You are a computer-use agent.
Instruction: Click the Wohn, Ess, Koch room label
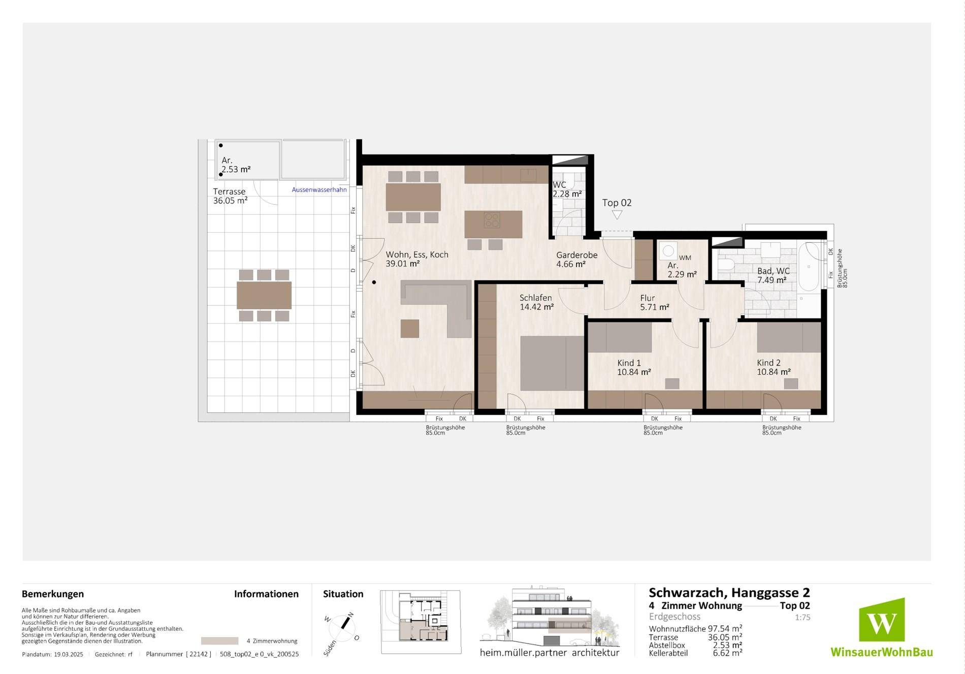click(417, 259)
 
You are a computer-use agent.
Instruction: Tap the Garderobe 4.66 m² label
click(576, 260)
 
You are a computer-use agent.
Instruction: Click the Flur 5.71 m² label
click(654, 303)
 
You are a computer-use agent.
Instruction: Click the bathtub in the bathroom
click(809, 267)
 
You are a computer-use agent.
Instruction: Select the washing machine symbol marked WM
click(668, 250)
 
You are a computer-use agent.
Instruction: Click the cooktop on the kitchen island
click(492, 220)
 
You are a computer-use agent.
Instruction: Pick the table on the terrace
click(264, 296)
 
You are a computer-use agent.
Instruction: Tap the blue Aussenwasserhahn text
click(319, 190)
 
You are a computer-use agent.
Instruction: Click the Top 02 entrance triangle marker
click(617, 215)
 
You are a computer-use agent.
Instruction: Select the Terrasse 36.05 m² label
click(230, 196)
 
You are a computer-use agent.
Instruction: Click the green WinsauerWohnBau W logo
click(882, 620)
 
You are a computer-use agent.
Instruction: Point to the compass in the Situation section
click(342, 629)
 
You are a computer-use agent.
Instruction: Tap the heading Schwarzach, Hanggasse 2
click(729, 593)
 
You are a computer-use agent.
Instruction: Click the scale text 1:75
click(802, 618)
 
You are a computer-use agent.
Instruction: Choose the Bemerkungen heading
click(53, 594)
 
